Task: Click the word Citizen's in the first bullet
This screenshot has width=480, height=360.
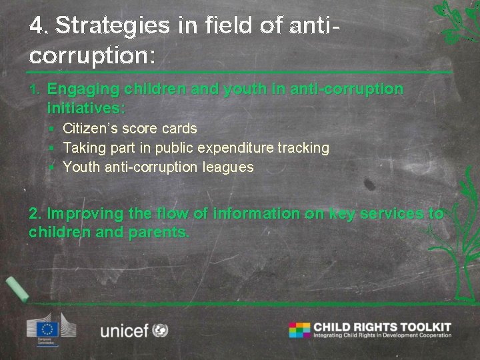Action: [x=87, y=128]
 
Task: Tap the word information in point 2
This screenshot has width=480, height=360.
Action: [x=246, y=214]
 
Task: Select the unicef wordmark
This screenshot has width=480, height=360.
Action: [x=124, y=331]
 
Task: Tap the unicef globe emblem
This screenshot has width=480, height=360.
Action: [x=160, y=330]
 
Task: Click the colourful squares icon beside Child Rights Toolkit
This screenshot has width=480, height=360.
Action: [x=299, y=330]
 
